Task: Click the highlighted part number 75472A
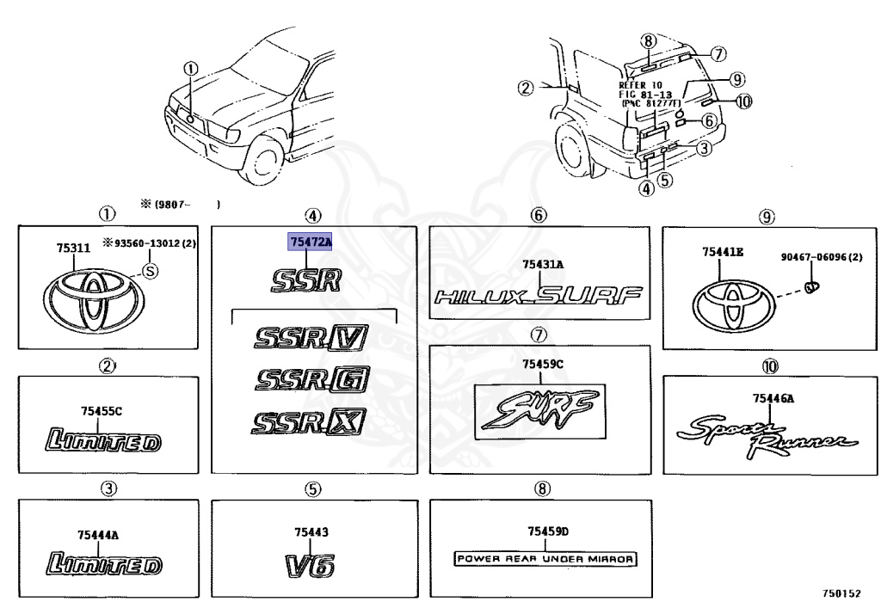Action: coord(309,243)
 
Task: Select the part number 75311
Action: coord(74,249)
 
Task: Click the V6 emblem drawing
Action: coord(310,564)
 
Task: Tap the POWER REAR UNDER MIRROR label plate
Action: coord(545,559)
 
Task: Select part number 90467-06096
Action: coord(822,256)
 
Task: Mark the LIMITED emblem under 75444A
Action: coord(102,565)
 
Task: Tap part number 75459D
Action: coord(545,531)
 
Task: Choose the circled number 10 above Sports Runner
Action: coord(768,366)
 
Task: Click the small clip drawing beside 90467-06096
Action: coord(810,286)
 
